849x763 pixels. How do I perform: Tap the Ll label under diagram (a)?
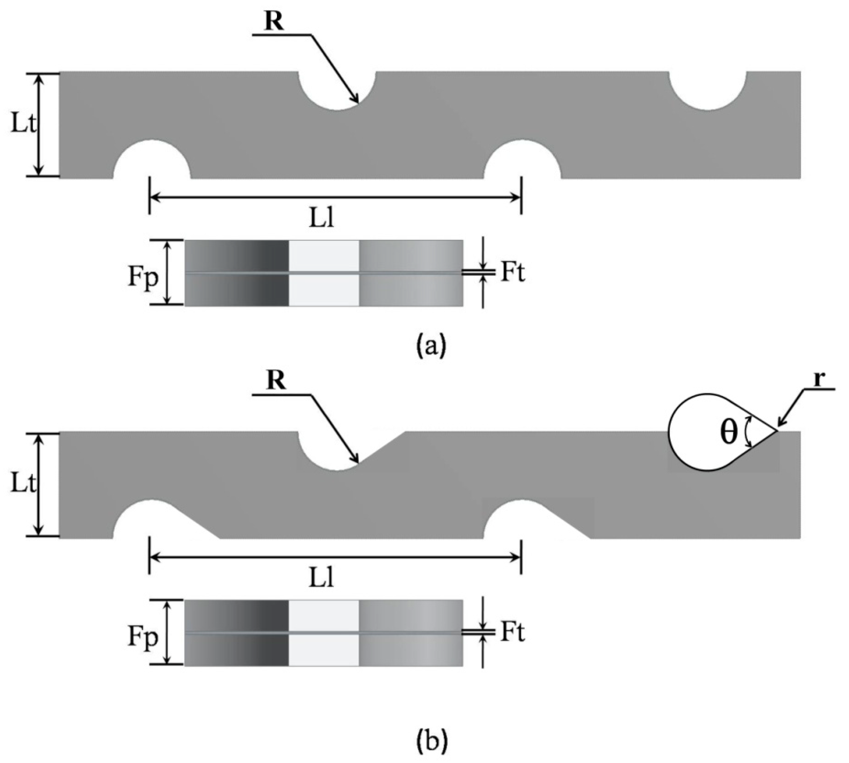point(321,219)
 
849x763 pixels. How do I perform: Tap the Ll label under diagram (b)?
point(321,579)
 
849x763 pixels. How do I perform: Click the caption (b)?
point(432,741)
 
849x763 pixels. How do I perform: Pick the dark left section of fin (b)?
point(237,633)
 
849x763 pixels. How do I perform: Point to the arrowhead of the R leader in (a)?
point(357,101)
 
